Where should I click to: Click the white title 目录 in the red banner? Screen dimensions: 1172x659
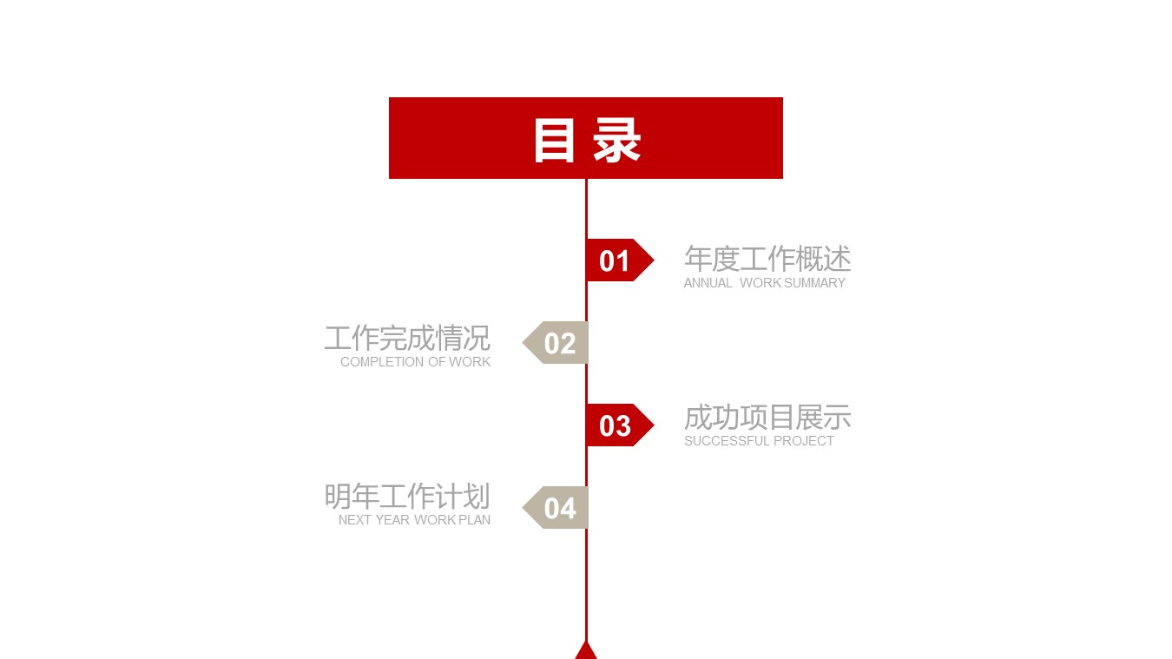tap(586, 139)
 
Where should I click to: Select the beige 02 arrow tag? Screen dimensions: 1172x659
tap(557, 343)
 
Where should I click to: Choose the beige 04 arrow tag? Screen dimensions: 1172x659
tap(557, 508)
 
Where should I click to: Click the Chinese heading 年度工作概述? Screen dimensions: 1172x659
tap(767, 259)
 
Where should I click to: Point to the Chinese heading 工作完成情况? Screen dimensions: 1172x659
tap(407, 338)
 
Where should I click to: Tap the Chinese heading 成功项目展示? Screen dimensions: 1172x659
tap(767, 418)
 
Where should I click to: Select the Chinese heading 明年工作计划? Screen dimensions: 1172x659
tap(407, 497)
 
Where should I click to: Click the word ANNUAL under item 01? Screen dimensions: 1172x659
tap(708, 283)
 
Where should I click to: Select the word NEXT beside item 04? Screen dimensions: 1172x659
tap(355, 520)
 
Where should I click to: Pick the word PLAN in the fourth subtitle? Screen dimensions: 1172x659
tap(475, 520)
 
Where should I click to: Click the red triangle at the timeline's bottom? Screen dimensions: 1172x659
tap(586, 650)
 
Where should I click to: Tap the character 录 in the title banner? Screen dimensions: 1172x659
tap(616, 139)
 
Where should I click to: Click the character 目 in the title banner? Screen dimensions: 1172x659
tap(554, 139)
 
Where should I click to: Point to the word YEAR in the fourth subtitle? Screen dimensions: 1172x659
tap(392, 520)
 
